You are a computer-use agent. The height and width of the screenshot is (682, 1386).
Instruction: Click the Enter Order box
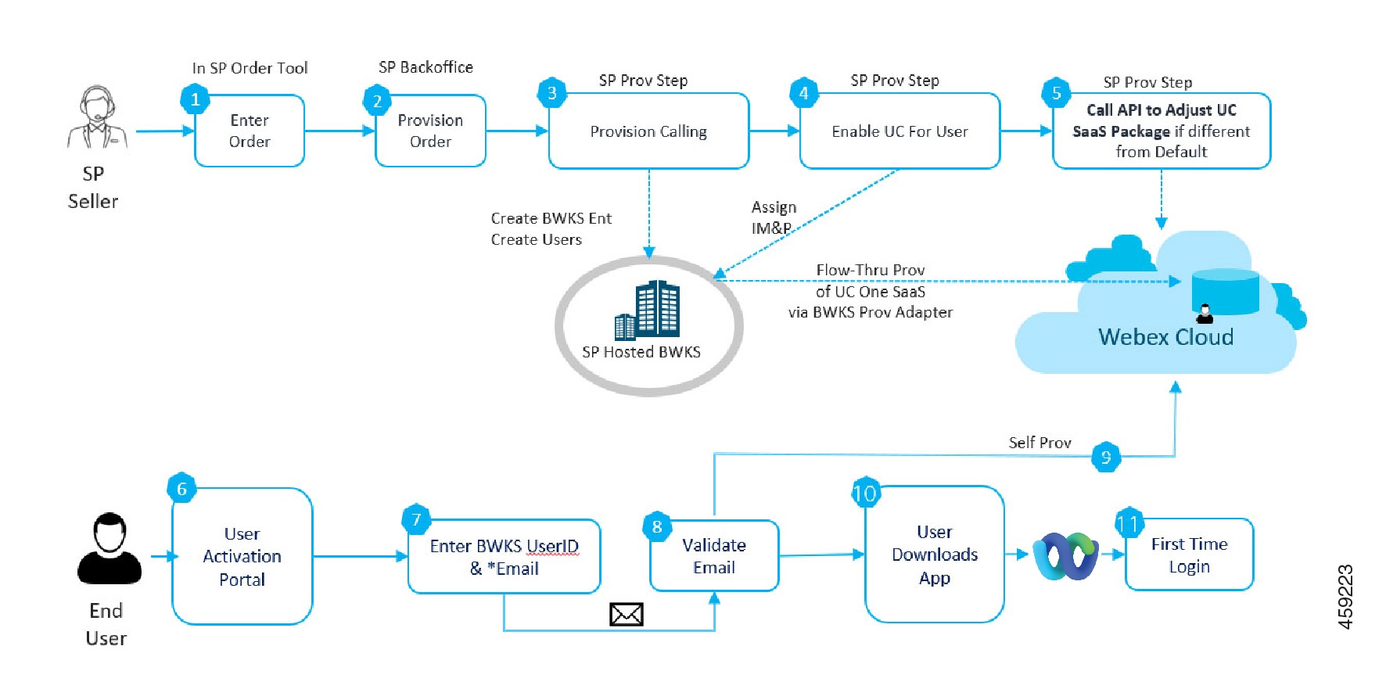(x=250, y=131)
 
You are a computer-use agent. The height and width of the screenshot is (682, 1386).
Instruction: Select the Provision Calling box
(x=648, y=131)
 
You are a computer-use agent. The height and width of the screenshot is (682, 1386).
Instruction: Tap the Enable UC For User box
(x=899, y=131)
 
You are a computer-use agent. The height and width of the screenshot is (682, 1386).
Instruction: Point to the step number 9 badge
(x=1106, y=458)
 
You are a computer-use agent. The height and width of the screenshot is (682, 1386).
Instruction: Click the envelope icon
(x=626, y=615)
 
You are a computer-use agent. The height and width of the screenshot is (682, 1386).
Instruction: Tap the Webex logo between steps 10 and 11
(x=1065, y=555)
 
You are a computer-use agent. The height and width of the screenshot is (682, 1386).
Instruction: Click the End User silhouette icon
(x=110, y=549)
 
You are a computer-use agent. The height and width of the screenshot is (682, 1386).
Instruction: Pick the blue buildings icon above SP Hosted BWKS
(x=648, y=310)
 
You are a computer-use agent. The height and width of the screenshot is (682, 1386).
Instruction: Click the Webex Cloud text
(x=1165, y=337)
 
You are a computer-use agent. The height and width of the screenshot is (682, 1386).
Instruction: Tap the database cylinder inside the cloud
(x=1225, y=290)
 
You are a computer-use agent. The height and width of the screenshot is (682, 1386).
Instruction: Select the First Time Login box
(x=1189, y=555)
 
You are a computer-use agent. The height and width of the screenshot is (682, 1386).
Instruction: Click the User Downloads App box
(x=935, y=555)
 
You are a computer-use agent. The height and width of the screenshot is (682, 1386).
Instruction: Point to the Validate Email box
(x=714, y=556)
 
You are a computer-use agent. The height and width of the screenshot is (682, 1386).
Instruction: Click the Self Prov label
(x=1039, y=443)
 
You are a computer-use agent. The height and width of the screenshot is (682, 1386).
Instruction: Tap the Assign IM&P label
(x=773, y=217)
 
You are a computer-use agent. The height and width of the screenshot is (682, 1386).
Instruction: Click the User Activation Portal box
(x=242, y=557)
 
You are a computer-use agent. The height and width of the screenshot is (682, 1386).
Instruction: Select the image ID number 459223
(x=1345, y=597)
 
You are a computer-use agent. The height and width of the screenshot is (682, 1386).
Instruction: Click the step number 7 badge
(x=416, y=519)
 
